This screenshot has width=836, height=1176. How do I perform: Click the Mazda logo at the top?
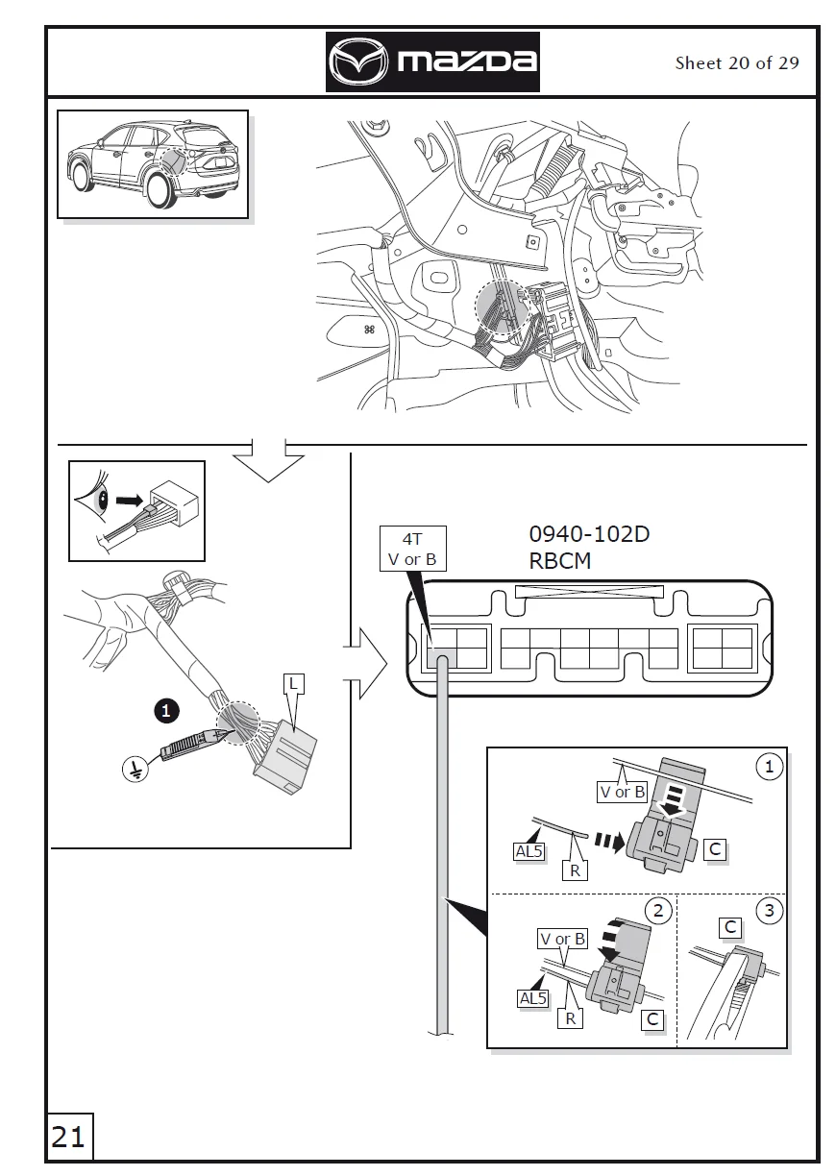point(432,62)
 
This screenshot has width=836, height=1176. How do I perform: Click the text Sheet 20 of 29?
point(736,63)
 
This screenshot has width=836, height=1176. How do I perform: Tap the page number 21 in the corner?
point(67,1138)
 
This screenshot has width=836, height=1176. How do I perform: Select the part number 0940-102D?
point(589,534)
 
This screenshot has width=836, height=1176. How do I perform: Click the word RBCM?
point(560,561)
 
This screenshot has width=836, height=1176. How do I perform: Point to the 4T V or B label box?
point(411,550)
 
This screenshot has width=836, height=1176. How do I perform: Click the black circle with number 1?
point(167,711)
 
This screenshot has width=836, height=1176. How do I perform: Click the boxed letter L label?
point(295,683)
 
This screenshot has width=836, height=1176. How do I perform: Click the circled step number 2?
point(657,910)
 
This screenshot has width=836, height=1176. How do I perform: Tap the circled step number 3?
point(769,910)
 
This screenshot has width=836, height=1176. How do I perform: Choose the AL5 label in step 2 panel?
point(532,998)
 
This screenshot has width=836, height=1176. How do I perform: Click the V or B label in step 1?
point(622,793)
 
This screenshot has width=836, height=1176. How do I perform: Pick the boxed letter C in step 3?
point(730,927)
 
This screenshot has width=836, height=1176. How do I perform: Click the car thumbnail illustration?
point(153,164)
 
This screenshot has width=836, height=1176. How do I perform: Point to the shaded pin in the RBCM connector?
point(440,658)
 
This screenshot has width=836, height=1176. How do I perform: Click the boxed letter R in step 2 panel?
point(570,1017)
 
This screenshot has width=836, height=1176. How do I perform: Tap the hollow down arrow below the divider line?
point(268,461)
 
